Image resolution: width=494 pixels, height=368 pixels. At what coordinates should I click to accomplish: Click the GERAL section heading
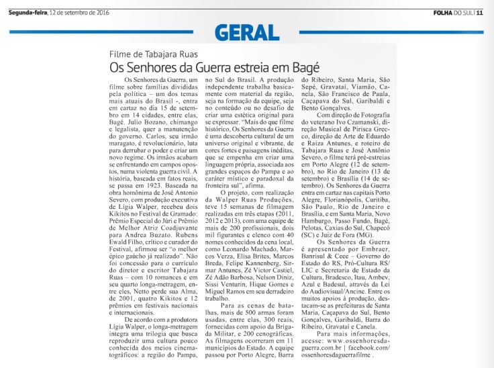(x=246, y=32)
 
